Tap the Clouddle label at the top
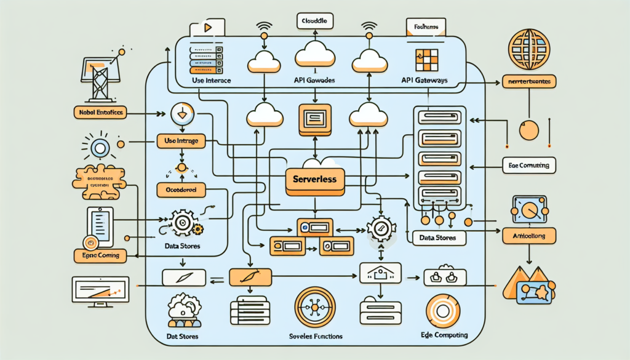pyautogui.click(x=314, y=21)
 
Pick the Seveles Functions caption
pyautogui.click(x=315, y=337)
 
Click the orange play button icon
pyautogui.click(x=207, y=28)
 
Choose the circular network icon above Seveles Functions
pyautogui.click(x=314, y=307)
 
